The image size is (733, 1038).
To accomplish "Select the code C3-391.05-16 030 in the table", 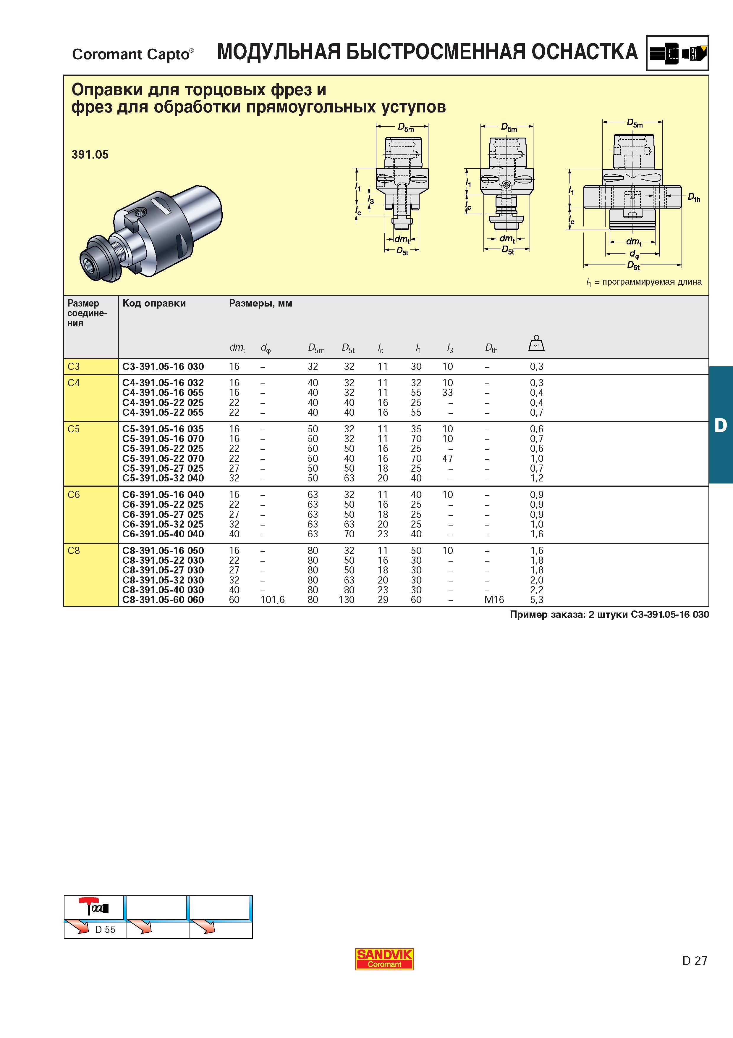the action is (x=163, y=367).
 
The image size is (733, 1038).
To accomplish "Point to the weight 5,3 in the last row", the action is (x=537, y=600).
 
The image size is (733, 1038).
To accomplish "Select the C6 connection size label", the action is (x=74, y=494).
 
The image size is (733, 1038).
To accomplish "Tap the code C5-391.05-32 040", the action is (x=163, y=478).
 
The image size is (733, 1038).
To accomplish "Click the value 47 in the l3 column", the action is (x=448, y=458).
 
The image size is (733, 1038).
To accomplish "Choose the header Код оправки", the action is (x=154, y=303).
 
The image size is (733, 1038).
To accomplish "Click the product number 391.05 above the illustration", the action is (x=90, y=155).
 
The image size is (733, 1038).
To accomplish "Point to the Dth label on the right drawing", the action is (x=694, y=198).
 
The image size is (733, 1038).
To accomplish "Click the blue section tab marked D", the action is (x=721, y=425).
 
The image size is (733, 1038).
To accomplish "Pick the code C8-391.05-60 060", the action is (x=163, y=600).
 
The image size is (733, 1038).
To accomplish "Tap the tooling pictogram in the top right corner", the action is (x=677, y=53).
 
